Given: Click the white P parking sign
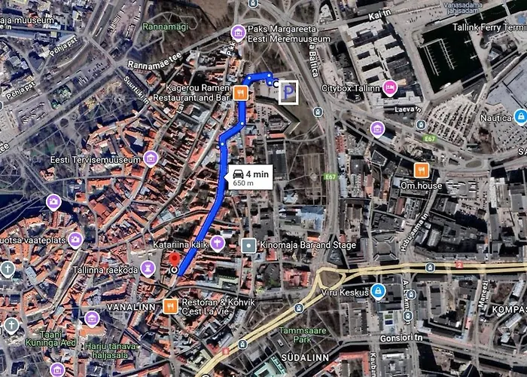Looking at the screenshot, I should [x=288, y=92].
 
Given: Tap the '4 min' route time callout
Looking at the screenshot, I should [x=249, y=177].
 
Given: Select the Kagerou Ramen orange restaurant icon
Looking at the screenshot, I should [x=239, y=93].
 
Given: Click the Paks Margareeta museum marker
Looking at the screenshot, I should [x=239, y=32].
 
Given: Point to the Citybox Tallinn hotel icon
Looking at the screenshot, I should [x=390, y=87].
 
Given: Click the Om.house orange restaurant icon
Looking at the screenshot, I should [x=422, y=169].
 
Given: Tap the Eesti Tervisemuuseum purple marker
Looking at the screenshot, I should [x=151, y=159].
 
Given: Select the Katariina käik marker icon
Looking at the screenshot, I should [x=218, y=243].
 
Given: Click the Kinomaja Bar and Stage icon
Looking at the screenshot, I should [x=249, y=245].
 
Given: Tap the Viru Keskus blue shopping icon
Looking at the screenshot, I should [x=378, y=290].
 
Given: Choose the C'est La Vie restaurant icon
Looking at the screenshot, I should [x=171, y=306].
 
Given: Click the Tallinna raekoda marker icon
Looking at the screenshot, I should [x=149, y=268].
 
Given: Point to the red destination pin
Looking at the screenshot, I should [x=175, y=268].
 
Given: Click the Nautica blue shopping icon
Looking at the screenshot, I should [x=519, y=116].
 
